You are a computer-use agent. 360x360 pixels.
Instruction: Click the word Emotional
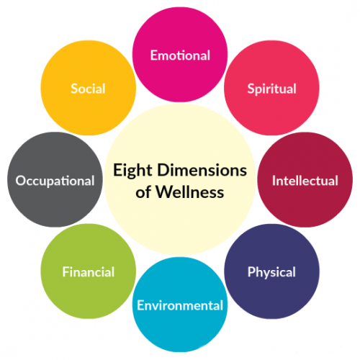tap(180, 55)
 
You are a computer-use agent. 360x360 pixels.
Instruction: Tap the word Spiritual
tap(271, 89)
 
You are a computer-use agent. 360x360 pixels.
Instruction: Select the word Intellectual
tap(305, 181)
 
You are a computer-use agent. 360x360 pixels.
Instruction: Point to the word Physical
tap(271, 273)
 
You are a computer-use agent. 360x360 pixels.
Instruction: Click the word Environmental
tap(180, 305)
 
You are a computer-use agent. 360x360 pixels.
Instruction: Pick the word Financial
tap(89, 272)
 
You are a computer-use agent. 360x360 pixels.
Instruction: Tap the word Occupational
tap(55, 181)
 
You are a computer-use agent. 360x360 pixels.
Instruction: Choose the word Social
tap(88, 89)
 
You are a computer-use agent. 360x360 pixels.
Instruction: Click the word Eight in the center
tap(132, 171)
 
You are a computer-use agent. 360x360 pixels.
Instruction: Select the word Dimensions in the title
tap(202, 170)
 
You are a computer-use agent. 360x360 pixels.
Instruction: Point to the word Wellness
tap(190, 192)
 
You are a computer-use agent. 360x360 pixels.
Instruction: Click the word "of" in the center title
tap(143, 192)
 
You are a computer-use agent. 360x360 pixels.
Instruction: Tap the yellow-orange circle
tap(89, 88)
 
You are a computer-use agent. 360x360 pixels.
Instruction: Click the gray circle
tap(55, 179)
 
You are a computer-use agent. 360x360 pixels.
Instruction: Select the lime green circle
tap(89, 271)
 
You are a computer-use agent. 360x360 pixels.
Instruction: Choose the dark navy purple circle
tap(271, 271)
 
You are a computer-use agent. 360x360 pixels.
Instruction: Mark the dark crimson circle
tap(305, 179)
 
